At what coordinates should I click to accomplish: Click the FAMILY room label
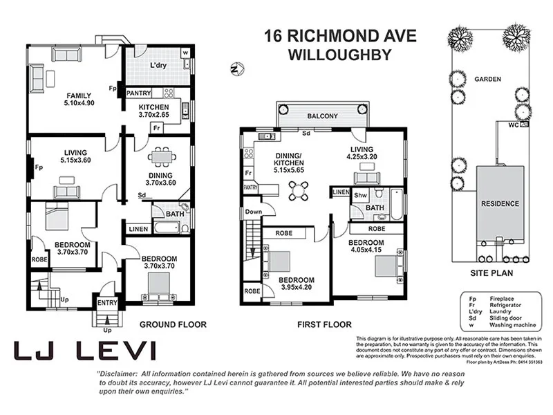coord(79,95)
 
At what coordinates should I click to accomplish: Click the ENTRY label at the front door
coord(107,302)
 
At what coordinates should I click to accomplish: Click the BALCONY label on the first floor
coord(322,116)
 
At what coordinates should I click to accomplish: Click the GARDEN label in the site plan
coord(487,79)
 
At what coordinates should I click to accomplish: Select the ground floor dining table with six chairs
coord(162,158)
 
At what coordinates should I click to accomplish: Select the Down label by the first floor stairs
coord(254,212)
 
